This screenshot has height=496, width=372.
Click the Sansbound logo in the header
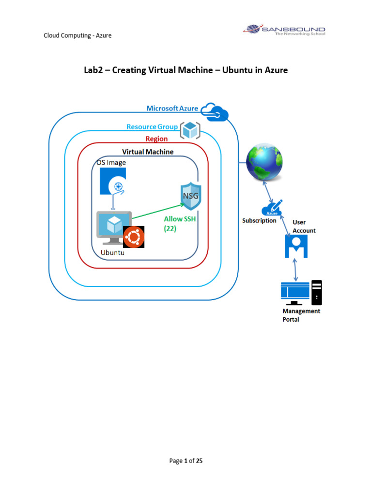click(x=283, y=30)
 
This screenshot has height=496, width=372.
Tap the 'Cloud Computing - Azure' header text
click(x=77, y=35)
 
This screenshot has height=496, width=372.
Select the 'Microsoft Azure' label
click(x=172, y=108)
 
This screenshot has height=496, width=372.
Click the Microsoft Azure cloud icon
click(x=215, y=112)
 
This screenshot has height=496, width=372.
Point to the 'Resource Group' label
click(x=152, y=127)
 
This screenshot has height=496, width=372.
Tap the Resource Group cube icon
click(x=190, y=130)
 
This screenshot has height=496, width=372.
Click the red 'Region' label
click(x=156, y=139)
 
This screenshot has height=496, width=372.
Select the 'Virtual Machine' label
click(x=148, y=152)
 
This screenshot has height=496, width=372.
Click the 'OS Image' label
click(x=111, y=163)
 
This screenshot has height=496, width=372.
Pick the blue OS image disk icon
click(x=113, y=182)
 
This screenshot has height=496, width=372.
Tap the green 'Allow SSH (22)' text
click(x=180, y=224)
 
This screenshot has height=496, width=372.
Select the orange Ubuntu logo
click(x=134, y=237)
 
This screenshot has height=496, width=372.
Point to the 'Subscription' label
click(x=259, y=221)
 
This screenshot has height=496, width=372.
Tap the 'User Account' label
click(x=304, y=226)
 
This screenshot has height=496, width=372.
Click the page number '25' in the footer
click(x=199, y=461)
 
